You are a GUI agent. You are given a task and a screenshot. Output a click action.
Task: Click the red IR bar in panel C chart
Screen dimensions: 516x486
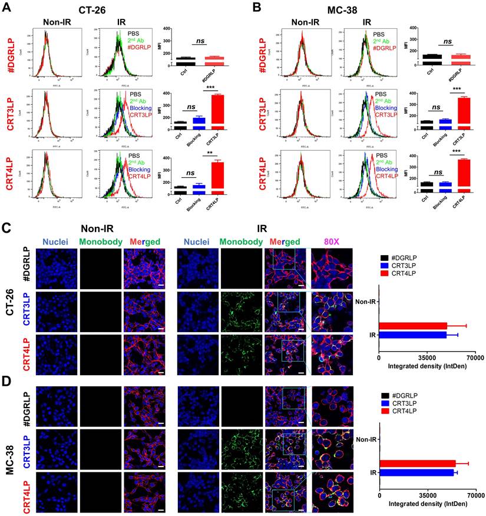click(x=413, y=326)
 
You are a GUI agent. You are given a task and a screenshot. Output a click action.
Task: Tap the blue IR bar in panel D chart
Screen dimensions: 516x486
click(x=416, y=472)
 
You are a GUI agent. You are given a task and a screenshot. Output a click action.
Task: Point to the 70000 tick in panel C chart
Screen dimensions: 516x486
click(x=475, y=357)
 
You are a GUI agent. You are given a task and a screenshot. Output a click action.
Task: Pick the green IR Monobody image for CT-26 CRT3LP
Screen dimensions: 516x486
click(x=242, y=310)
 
